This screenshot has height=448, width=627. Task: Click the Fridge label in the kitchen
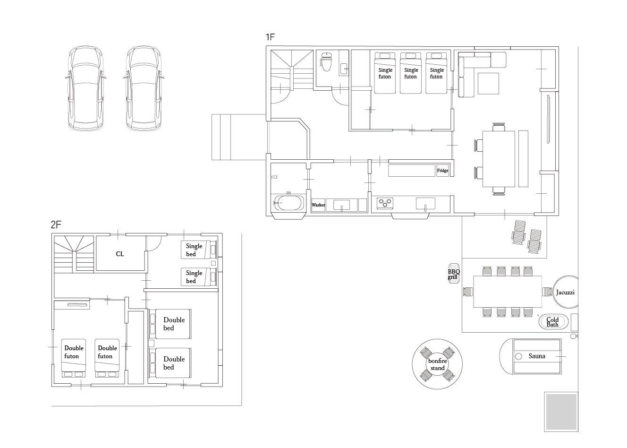(x=442, y=170)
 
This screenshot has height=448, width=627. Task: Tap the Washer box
(x=318, y=205)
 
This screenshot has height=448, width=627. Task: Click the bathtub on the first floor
(x=289, y=203)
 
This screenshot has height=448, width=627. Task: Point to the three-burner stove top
(x=385, y=203)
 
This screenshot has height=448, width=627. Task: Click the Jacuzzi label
(x=565, y=292)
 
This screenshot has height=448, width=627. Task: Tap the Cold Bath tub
(x=553, y=322)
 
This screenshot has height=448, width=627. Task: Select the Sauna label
(x=537, y=356)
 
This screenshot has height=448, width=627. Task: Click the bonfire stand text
(x=437, y=364)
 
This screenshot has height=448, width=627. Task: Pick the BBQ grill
(x=454, y=274)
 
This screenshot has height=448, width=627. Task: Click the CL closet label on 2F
(x=120, y=254)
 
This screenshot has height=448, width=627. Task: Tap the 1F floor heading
(x=270, y=37)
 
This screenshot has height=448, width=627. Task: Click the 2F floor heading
(x=56, y=224)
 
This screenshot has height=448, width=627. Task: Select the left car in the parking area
(x=85, y=88)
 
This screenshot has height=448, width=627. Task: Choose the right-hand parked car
(x=144, y=88)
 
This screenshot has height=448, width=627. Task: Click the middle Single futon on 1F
(x=411, y=73)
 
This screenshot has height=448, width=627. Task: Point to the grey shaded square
(x=561, y=412)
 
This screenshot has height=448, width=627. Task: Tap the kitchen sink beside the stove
(x=425, y=203)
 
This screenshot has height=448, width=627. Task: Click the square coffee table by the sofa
(x=488, y=83)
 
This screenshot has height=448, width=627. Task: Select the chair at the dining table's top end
(x=499, y=127)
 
